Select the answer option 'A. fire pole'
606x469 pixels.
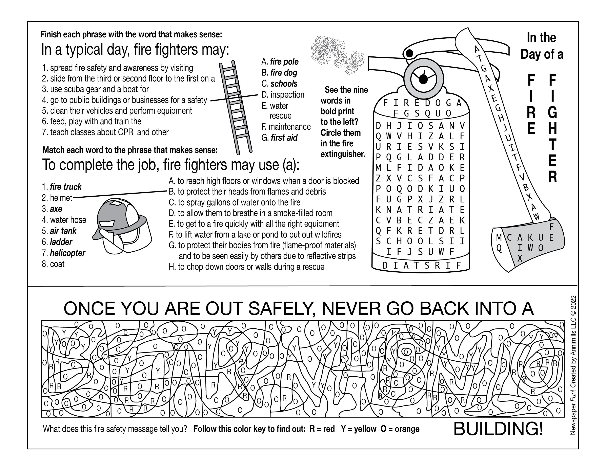pyautogui.click(x=280, y=61)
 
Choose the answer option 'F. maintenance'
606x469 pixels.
pyautogui.click(x=286, y=127)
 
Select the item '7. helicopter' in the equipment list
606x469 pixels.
pyautogui.click(x=64, y=253)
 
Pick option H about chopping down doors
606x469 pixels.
pyautogui.click(x=246, y=267)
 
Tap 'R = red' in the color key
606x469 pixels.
pyautogui.click(x=322, y=429)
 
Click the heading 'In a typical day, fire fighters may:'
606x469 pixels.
pyautogui.click(x=135, y=50)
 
